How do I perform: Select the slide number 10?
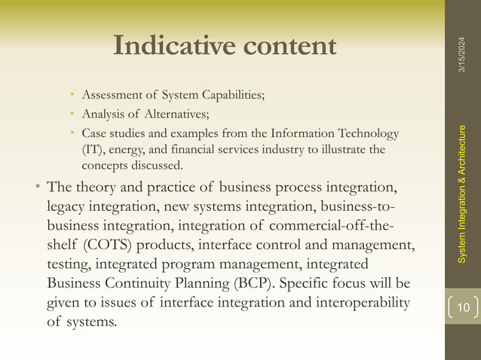pos(462,307)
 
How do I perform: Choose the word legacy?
pos(67,205)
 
